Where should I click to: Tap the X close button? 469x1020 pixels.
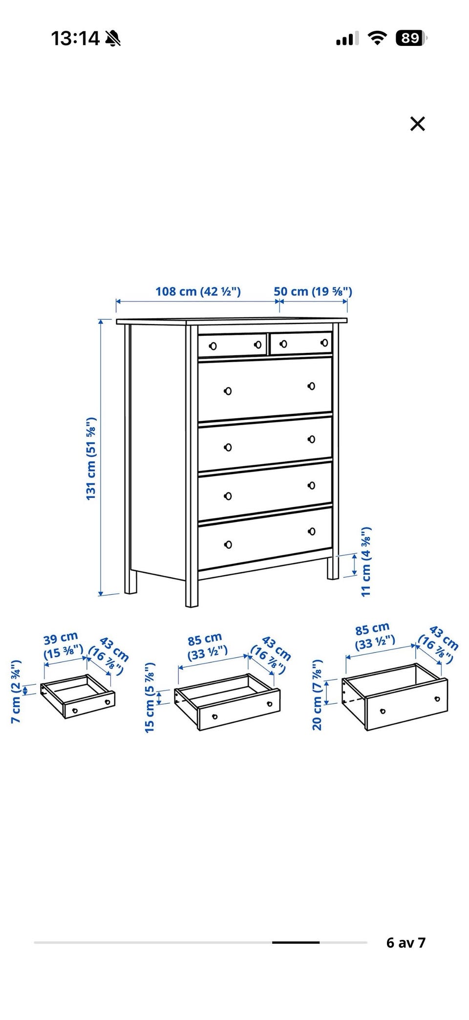[x=418, y=124]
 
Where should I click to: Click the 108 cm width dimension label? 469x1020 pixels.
[x=198, y=291]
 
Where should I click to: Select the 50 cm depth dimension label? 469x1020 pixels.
[x=313, y=291]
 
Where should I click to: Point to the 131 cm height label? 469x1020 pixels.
[x=91, y=458]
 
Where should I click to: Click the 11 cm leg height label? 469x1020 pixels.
[x=366, y=562]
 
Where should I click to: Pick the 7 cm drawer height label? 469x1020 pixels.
[x=16, y=692]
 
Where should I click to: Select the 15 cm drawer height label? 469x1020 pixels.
[x=149, y=697]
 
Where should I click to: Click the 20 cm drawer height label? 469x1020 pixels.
[x=318, y=695]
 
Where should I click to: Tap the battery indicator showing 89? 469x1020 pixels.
[x=411, y=38]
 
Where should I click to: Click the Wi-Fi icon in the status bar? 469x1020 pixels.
[x=377, y=38]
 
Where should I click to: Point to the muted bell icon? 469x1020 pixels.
[x=113, y=38]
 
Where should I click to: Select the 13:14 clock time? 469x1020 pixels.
[x=75, y=38]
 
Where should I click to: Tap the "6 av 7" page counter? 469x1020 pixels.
[x=405, y=942]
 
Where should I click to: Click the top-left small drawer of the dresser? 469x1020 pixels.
[x=233, y=345]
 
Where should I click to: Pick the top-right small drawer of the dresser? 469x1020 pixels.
[x=301, y=343]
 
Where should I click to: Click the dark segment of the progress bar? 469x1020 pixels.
[x=296, y=942]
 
